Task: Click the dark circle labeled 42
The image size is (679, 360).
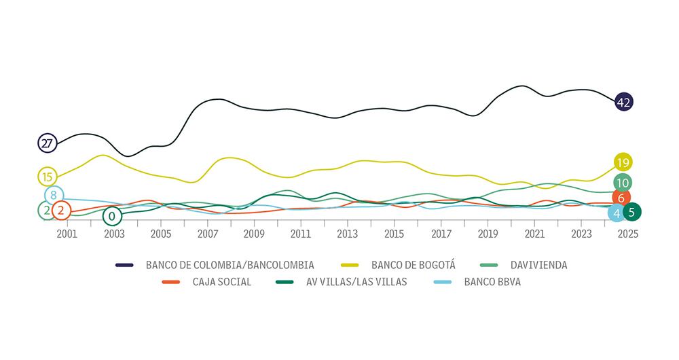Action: (x=623, y=103)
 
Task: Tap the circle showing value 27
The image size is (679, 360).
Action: (x=47, y=143)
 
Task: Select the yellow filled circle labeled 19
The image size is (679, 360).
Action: (x=623, y=162)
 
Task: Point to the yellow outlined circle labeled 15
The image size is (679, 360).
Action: (x=47, y=177)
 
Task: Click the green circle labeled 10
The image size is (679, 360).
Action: (x=622, y=183)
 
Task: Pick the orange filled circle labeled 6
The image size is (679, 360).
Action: (x=621, y=198)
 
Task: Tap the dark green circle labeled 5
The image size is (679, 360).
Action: (x=631, y=212)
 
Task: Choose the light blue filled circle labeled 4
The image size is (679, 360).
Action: (x=617, y=213)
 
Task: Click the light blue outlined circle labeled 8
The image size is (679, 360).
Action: (x=54, y=195)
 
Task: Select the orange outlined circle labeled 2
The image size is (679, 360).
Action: (x=61, y=211)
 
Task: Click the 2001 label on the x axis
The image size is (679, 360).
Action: (x=67, y=234)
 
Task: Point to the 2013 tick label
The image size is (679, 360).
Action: (x=348, y=234)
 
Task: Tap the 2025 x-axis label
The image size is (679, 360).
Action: (x=628, y=234)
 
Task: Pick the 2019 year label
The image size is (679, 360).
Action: (x=488, y=234)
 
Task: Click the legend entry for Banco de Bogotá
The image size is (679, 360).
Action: (x=413, y=265)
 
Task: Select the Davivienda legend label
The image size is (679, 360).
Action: (x=538, y=265)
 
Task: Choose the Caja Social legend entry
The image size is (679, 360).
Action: (x=221, y=282)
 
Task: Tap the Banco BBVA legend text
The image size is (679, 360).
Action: (x=492, y=282)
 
